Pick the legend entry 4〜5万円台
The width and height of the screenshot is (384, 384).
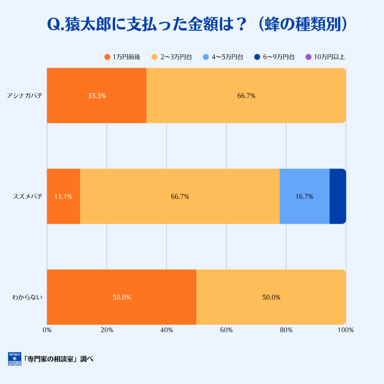tap(223, 57)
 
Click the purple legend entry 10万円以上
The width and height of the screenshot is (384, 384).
tap(325, 57)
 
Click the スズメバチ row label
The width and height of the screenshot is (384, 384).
tap(28, 196)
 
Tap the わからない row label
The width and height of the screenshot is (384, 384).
tap(28, 297)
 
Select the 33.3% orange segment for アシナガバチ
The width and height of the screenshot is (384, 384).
tap(96, 96)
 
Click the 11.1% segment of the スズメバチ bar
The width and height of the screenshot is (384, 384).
tap(63, 196)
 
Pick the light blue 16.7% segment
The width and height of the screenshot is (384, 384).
tap(304, 196)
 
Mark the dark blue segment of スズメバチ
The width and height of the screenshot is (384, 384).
tap(337, 196)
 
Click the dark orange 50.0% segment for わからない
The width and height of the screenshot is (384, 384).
tap(121, 297)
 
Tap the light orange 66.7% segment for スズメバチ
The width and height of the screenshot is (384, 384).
tap(180, 196)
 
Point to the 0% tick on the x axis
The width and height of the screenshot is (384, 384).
tap(47, 330)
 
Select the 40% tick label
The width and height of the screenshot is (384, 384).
tap(167, 330)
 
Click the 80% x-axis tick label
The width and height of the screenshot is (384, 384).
tap(286, 330)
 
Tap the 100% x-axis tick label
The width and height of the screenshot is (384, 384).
tap(346, 330)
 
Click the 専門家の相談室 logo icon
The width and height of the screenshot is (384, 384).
tap(14, 359)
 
